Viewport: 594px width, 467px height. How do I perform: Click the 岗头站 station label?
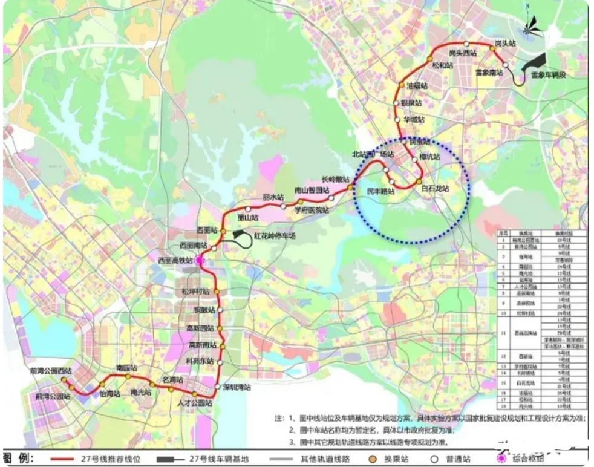[505, 44]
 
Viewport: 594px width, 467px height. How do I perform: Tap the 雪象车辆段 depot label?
[548, 75]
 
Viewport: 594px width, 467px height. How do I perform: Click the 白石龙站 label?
[436, 189]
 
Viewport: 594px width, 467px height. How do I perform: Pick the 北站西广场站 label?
[373, 154]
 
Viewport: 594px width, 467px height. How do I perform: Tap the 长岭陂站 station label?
[335, 179]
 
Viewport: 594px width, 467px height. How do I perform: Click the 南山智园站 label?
[310, 190]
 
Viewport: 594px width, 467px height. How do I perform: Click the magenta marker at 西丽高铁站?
[199, 260]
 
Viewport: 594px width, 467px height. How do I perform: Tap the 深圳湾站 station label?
[237, 387]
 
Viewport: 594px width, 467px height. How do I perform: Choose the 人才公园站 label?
[195, 403]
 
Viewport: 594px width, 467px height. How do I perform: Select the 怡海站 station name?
[110, 393]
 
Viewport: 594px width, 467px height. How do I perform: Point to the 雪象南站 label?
[489, 73]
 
